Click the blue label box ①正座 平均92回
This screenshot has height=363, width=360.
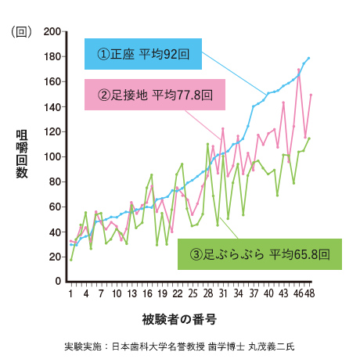click(143, 56)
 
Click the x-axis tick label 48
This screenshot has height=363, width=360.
click(309, 294)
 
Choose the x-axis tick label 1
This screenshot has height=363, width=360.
click(70, 294)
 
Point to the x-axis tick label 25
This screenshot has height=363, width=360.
click(193, 294)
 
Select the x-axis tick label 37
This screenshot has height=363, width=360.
click(254, 294)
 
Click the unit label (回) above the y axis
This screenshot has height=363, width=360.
click(20, 32)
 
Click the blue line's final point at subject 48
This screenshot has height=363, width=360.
click(309, 58)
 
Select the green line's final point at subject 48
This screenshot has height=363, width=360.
click(309, 138)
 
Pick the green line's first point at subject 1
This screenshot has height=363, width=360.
click(70, 259)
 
